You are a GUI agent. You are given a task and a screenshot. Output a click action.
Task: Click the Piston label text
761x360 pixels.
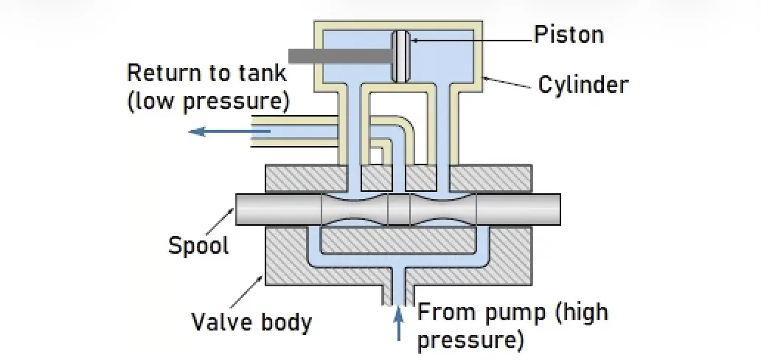569,35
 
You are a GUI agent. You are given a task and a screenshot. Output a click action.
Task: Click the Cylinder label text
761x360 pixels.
583,84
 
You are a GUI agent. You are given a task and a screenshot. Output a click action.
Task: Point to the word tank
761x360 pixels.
259,73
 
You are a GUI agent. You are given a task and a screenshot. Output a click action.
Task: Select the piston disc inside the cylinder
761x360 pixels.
401,55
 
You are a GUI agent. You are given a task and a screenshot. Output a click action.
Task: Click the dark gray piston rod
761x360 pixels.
339,55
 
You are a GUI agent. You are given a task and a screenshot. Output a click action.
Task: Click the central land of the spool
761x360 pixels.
398,210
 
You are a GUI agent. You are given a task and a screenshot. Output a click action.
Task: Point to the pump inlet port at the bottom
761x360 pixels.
399,291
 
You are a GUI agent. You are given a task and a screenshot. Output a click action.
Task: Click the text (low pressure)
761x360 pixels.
209,100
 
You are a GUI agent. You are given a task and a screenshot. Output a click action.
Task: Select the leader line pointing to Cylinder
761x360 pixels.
509,82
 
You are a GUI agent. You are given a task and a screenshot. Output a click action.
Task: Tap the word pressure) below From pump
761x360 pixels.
470,340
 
